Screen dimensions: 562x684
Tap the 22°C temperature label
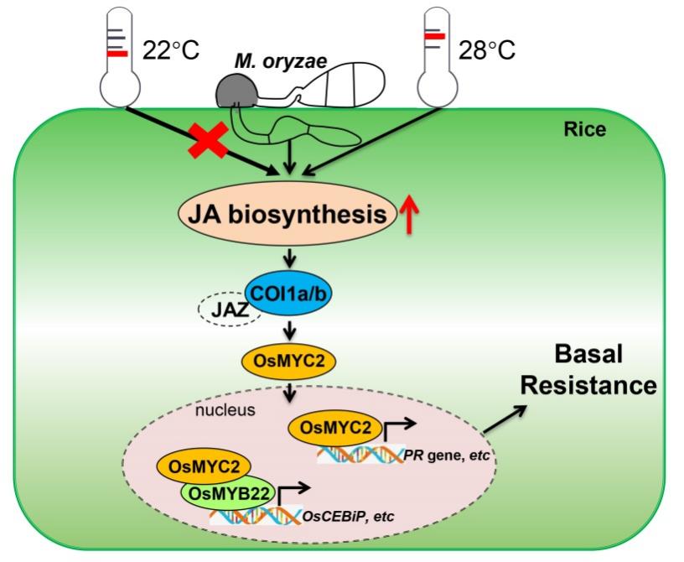click(171, 51)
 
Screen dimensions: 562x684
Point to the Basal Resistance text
click(594, 370)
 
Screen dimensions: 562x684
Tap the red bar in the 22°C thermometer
click(117, 54)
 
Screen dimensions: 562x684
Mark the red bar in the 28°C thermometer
click(433, 37)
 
